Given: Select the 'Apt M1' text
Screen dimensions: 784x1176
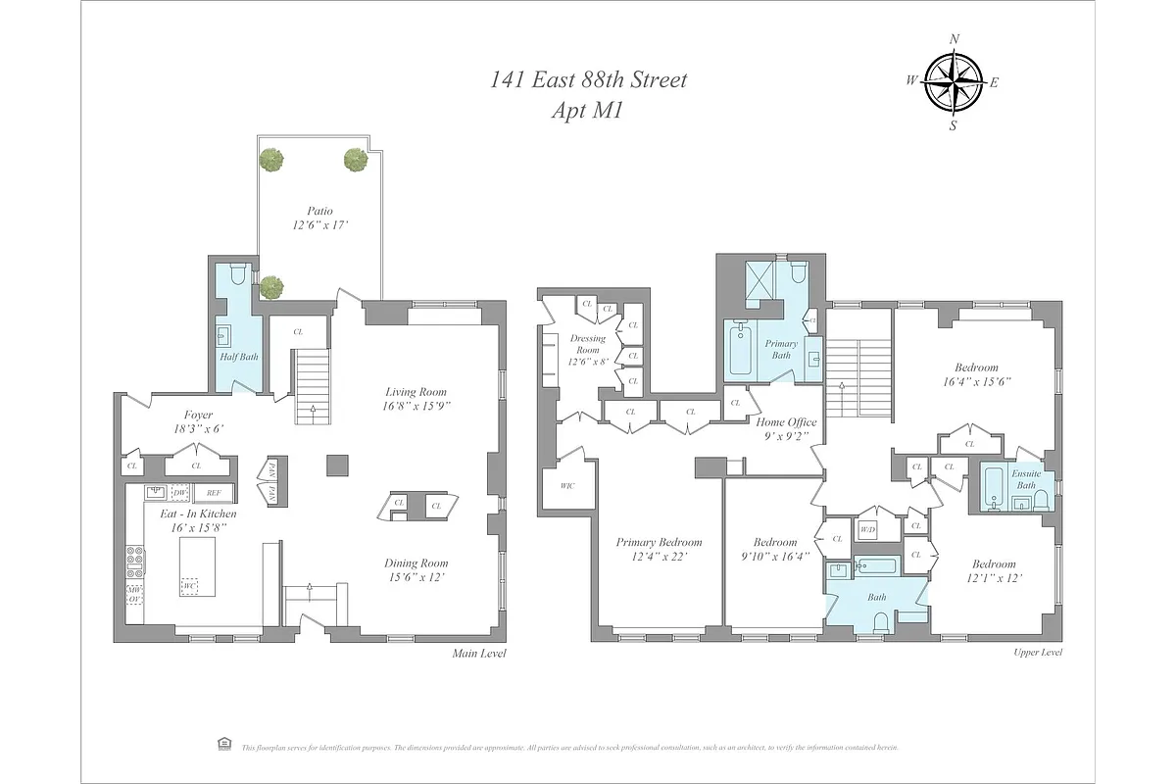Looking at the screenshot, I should pyautogui.click(x=588, y=110).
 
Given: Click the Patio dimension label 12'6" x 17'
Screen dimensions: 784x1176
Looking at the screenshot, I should pyautogui.click(x=319, y=225).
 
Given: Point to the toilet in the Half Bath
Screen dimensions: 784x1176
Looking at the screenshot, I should pyautogui.click(x=237, y=274).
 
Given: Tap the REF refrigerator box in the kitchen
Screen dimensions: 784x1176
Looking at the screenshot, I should pyautogui.click(x=213, y=493).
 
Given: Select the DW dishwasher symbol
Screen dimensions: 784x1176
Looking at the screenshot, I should pyautogui.click(x=180, y=493).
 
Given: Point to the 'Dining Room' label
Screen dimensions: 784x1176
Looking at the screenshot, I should pyautogui.click(x=416, y=563).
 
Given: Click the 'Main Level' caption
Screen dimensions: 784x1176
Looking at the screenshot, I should pyautogui.click(x=479, y=654).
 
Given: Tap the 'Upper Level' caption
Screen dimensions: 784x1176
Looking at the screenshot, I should pyautogui.click(x=1036, y=653).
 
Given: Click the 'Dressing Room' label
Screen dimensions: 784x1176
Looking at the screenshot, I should pyautogui.click(x=588, y=344).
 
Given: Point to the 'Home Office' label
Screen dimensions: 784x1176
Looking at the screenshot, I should pyautogui.click(x=786, y=422).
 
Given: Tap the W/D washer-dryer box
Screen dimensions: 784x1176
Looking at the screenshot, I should pyautogui.click(x=867, y=530).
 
